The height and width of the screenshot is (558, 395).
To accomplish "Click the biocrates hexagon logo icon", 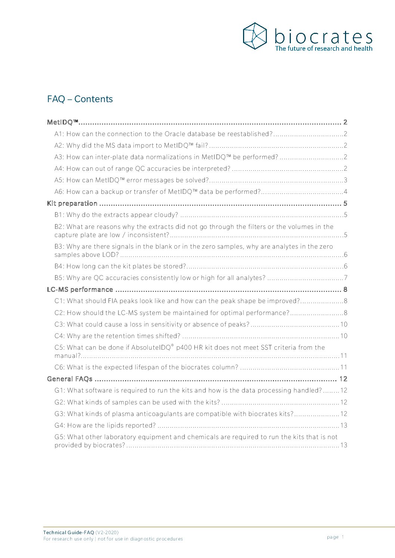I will tap(255, 36).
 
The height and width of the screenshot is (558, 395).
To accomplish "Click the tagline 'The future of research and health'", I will tap(323, 48).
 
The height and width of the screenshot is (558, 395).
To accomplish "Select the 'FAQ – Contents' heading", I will tap(80, 99).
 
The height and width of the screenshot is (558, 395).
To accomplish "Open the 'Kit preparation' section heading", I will tap(72, 204).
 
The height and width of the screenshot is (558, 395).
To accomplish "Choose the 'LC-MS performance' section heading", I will tap(80, 290).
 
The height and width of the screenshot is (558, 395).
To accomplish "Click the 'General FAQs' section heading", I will tap(70, 379).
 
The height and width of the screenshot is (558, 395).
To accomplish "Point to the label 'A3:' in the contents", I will tap(59, 157).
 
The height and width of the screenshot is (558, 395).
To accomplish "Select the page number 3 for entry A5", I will tap(345, 180).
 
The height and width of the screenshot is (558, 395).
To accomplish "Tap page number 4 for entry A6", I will tap(345, 192).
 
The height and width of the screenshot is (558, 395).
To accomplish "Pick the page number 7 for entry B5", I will tap(345, 278).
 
